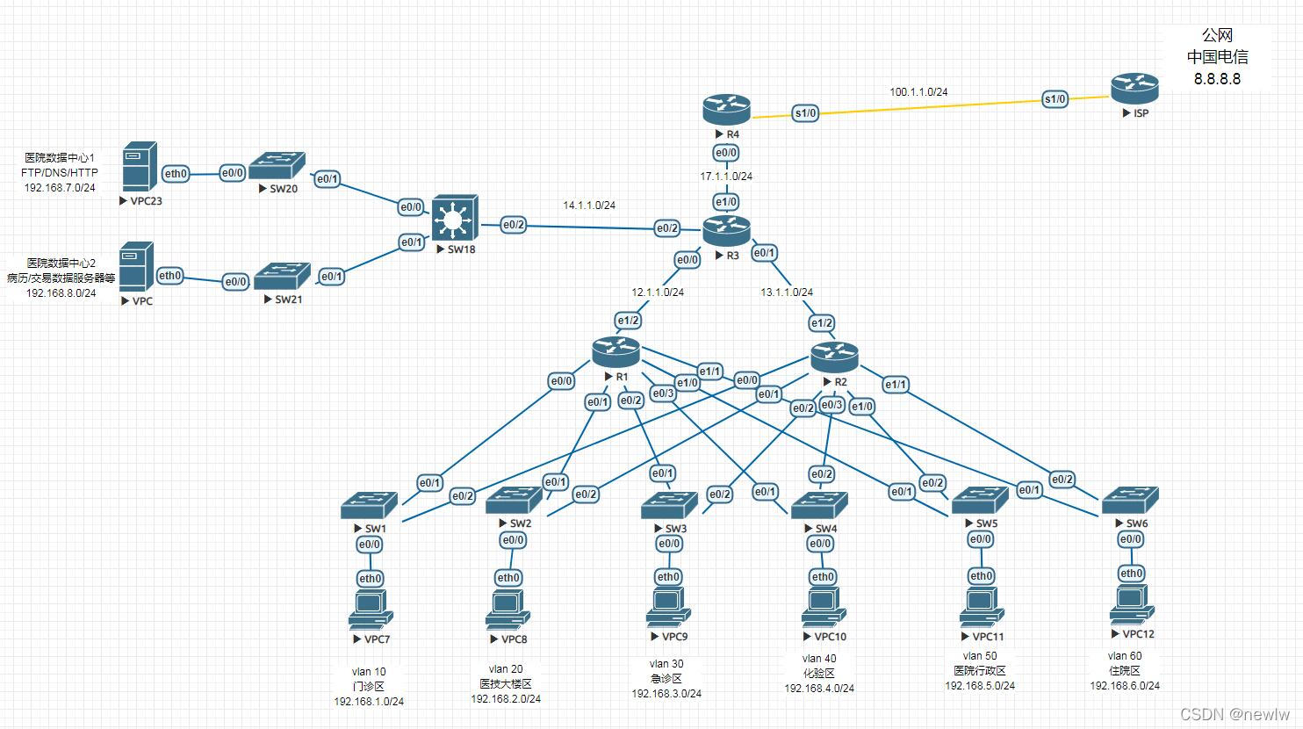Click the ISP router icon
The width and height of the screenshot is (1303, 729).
click(1134, 88)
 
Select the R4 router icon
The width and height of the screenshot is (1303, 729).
click(726, 110)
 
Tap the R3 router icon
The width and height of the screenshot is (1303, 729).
click(726, 231)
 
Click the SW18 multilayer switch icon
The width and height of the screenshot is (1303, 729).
click(455, 217)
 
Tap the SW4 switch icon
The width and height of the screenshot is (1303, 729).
click(819, 505)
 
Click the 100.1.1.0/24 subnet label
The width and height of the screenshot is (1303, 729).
click(918, 91)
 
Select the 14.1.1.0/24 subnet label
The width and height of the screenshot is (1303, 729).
click(589, 206)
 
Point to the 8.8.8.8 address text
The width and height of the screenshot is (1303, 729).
click(1217, 79)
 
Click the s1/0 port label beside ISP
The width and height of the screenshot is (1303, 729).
click(1055, 99)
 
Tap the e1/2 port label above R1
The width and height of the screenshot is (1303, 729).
click(628, 321)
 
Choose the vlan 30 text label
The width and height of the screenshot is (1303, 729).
click(666, 664)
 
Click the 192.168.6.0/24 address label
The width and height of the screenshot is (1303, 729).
click(1125, 686)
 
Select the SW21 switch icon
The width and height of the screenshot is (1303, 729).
click(283, 275)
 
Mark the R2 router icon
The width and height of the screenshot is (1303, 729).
click(833, 356)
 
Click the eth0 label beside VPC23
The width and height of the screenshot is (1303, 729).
click(176, 174)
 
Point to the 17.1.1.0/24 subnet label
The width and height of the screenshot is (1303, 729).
click(726, 177)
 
